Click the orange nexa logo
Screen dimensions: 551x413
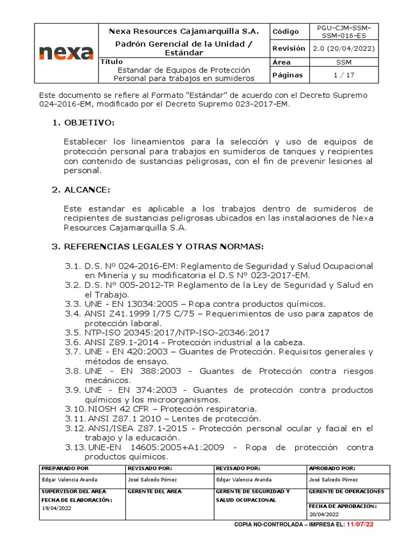(x=66, y=53)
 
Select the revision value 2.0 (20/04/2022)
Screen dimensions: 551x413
(x=344, y=48)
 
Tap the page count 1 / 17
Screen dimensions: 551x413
(x=344, y=75)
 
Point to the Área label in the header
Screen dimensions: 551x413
(x=282, y=62)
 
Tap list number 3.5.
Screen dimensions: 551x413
(x=73, y=333)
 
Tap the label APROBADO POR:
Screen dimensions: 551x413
(x=332, y=469)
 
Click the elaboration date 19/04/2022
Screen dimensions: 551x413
(x=57, y=508)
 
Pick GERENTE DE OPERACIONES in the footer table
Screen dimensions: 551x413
(x=346, y=491)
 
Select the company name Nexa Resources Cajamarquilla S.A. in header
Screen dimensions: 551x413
(x=184, y=31)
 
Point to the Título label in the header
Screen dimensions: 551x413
(x=112, y=62)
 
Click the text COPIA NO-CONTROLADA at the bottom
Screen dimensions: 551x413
(x=267, y=525)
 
